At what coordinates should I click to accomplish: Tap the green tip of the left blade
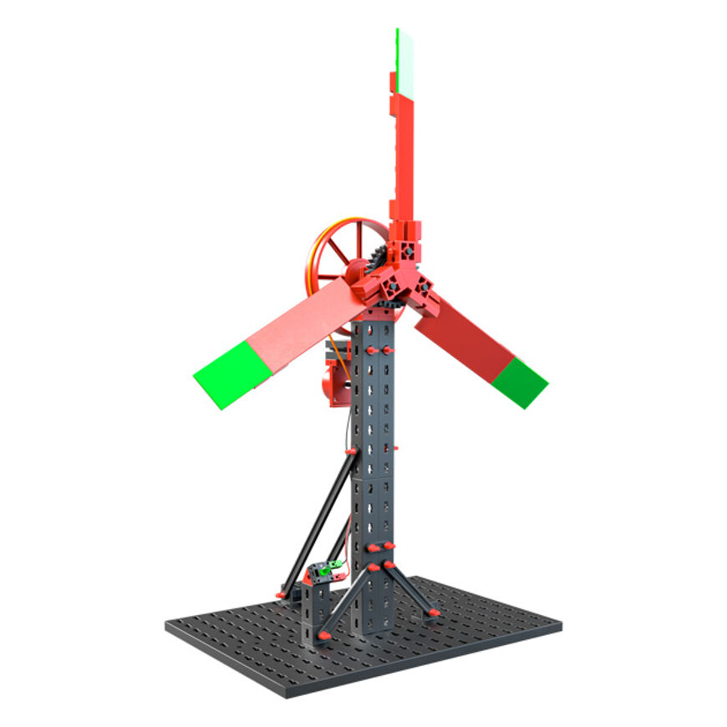(224, 374)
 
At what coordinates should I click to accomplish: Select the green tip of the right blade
(519, 382)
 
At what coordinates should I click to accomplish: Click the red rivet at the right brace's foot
(433, 614)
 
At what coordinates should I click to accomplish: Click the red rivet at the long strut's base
(282, 594)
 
